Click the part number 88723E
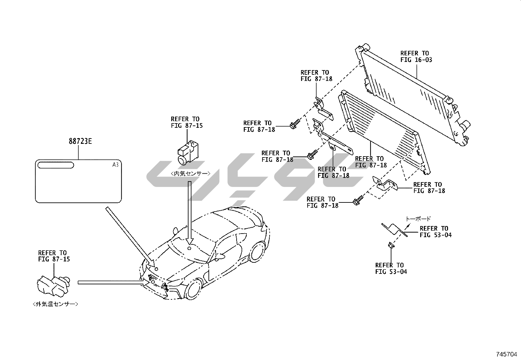(x=80, y=142)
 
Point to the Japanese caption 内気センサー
(x=190, y=174)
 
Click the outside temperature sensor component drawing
(x=52, y=284)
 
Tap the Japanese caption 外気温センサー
(x=56, y=304)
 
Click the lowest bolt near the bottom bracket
(x=357, y=199)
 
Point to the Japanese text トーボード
(x=418, y=219)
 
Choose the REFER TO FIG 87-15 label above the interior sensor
(x=187, y=122)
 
